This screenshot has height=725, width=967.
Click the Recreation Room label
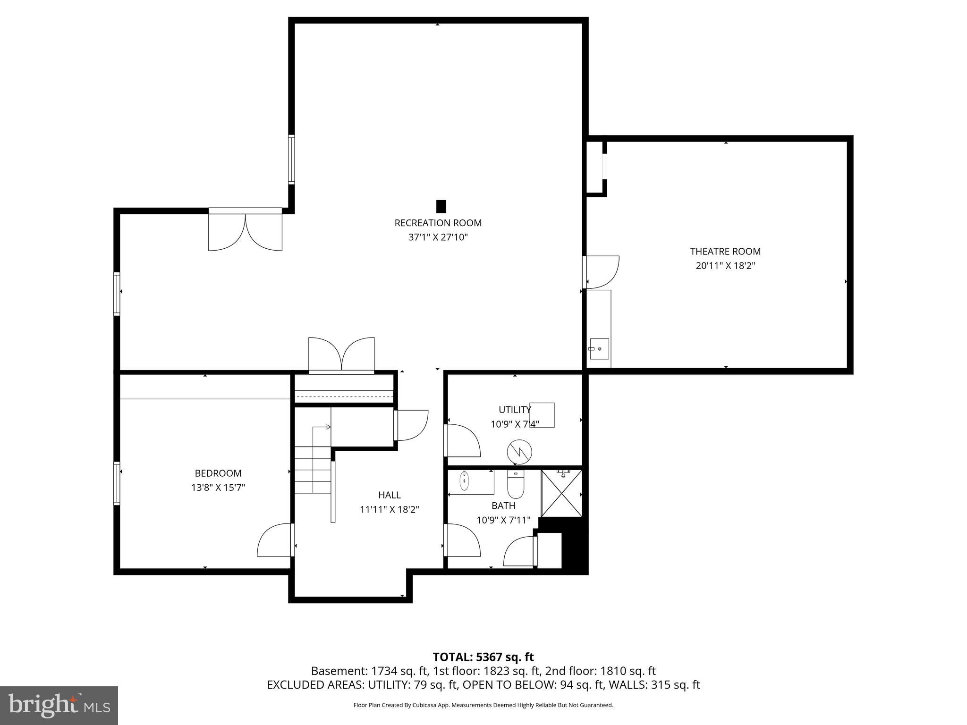pos(438,223)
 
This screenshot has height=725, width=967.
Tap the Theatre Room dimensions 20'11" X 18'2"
pos(725,266)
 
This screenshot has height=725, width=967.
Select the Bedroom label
pos(218,473)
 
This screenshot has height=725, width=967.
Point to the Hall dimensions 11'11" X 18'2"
pos(389,509)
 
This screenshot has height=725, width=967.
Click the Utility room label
pos(514,409)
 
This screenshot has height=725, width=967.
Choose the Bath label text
pos(503,506)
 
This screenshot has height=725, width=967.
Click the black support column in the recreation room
pos(441,206)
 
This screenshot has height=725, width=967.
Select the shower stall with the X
pos(561,493)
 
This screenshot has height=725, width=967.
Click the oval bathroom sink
pos(465,481)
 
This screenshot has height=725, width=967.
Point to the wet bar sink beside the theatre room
pos(599,349)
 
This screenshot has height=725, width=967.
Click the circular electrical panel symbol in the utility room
pos(519,452)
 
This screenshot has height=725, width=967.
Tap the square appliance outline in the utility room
pos(542,415)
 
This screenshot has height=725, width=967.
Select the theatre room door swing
pos(602,271)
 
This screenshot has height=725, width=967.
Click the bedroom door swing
pos(275,540)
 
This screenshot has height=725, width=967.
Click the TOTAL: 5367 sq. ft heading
pos(483,657)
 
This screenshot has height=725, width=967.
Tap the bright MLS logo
pos(59,705)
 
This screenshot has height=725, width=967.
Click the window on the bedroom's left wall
pos(117,483)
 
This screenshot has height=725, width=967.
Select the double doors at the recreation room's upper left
pos(245,231)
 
